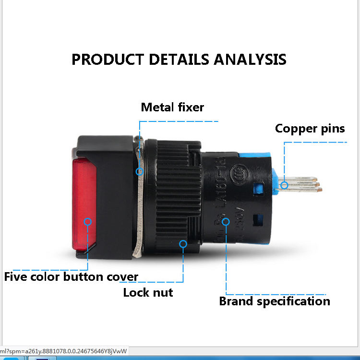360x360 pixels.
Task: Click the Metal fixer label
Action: pos(172,107)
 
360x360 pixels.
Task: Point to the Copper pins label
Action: pos(310,129)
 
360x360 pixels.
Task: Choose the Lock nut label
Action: pos(148,292)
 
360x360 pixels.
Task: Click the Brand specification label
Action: pos(275,301)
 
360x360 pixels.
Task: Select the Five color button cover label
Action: pos(71,277)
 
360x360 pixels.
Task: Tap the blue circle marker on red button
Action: pos(88,221)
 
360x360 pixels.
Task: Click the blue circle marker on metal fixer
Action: pos(140,171)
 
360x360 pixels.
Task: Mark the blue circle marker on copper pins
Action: pos(285,184)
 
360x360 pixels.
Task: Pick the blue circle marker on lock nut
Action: pos(183,244)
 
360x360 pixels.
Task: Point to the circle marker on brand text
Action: pos(226,221)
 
